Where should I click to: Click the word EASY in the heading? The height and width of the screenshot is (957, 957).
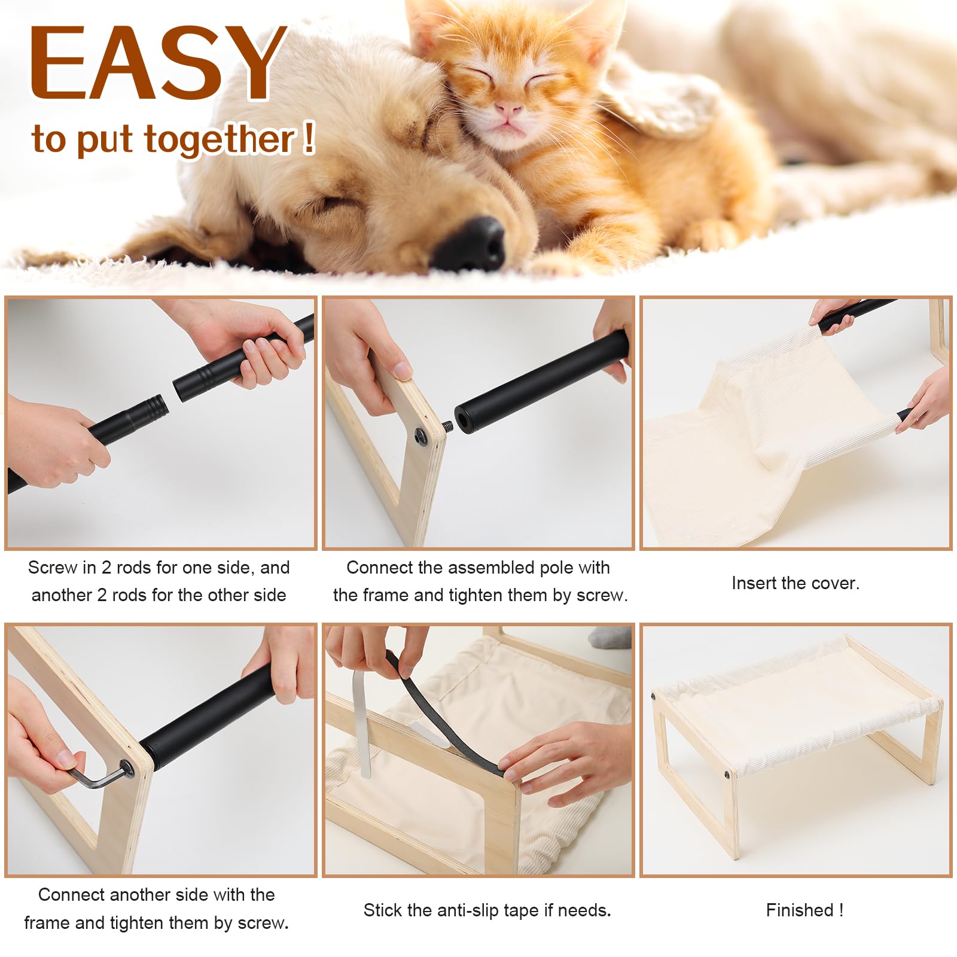point(159,63)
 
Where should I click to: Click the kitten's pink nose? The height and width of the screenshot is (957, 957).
point(509,109)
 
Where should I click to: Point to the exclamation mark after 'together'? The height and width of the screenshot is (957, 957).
point(308,138)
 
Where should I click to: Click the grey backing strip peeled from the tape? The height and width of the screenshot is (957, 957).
point(362,724)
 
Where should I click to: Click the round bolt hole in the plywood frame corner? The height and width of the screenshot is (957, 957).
point(422,435)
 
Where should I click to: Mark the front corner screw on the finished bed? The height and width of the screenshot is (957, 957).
point(727,775)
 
